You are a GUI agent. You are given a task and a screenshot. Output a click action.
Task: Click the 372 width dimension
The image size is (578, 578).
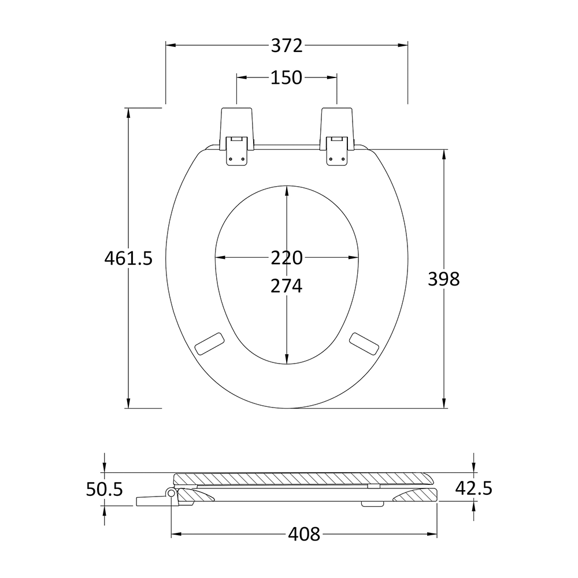click(287, 46)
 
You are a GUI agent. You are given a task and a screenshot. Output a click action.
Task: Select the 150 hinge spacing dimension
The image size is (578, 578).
click(287, 78)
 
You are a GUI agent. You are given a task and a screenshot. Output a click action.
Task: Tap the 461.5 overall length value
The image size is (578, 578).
click(128, 258)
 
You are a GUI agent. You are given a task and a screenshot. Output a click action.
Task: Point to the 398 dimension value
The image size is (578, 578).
click(444, 279)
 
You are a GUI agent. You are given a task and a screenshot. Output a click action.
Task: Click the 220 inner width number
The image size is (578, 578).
click(287, 258)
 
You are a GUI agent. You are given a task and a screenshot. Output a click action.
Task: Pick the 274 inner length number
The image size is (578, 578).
click(287, 286)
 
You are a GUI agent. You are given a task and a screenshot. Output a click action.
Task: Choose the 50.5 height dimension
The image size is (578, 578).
click(104, 490)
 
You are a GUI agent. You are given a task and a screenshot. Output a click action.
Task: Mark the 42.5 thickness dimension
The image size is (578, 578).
click(474, 489)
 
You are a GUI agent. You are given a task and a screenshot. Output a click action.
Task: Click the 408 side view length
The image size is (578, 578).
click(304, 533)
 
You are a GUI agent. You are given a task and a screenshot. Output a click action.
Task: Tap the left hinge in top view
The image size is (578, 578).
click(236, 136)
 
